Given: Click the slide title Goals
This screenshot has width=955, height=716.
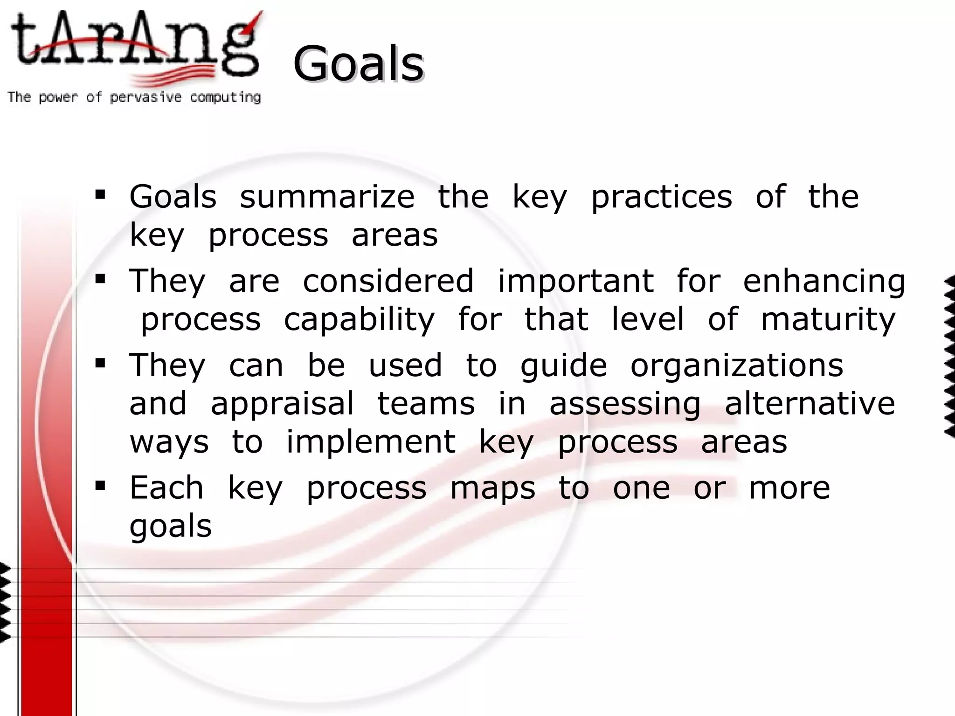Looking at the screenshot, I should tap(358, 63).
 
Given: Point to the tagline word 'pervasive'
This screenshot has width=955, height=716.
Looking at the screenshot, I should tap(145, 97).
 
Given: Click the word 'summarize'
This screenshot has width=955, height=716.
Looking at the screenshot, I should tap(327, 197).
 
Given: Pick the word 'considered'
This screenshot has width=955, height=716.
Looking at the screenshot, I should tap(388, 281).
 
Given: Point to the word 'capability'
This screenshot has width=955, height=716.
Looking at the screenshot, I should tap(359, 320).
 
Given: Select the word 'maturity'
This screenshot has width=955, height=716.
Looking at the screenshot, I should tap(828, 320).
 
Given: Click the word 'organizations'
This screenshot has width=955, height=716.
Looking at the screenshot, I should tap(737, 366).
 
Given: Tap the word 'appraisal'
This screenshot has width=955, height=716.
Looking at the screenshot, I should tap(282, 404).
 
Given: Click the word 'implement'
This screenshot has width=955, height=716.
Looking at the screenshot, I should tap(371, 442).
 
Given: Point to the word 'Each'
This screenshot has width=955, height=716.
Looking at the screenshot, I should tap(166, 488).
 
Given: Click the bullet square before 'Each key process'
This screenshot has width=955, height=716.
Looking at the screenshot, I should tap(100, 486).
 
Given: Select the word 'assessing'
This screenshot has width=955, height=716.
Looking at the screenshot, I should tap(625, 404).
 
